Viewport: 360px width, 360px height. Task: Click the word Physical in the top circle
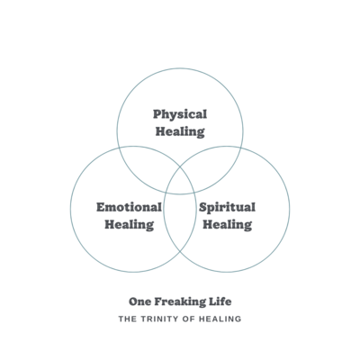180,115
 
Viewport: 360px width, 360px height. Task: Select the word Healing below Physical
180,132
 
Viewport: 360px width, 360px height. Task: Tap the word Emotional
129,207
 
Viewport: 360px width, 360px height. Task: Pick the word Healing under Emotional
130,225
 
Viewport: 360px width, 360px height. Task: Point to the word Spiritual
227,208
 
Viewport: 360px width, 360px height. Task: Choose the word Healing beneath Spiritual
228,225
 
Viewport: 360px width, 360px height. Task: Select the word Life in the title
220,301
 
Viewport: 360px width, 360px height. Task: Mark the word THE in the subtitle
128,319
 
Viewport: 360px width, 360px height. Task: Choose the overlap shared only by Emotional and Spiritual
180,223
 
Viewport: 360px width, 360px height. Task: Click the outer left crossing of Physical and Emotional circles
119,148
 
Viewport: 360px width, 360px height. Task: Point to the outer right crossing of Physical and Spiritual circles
242,148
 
